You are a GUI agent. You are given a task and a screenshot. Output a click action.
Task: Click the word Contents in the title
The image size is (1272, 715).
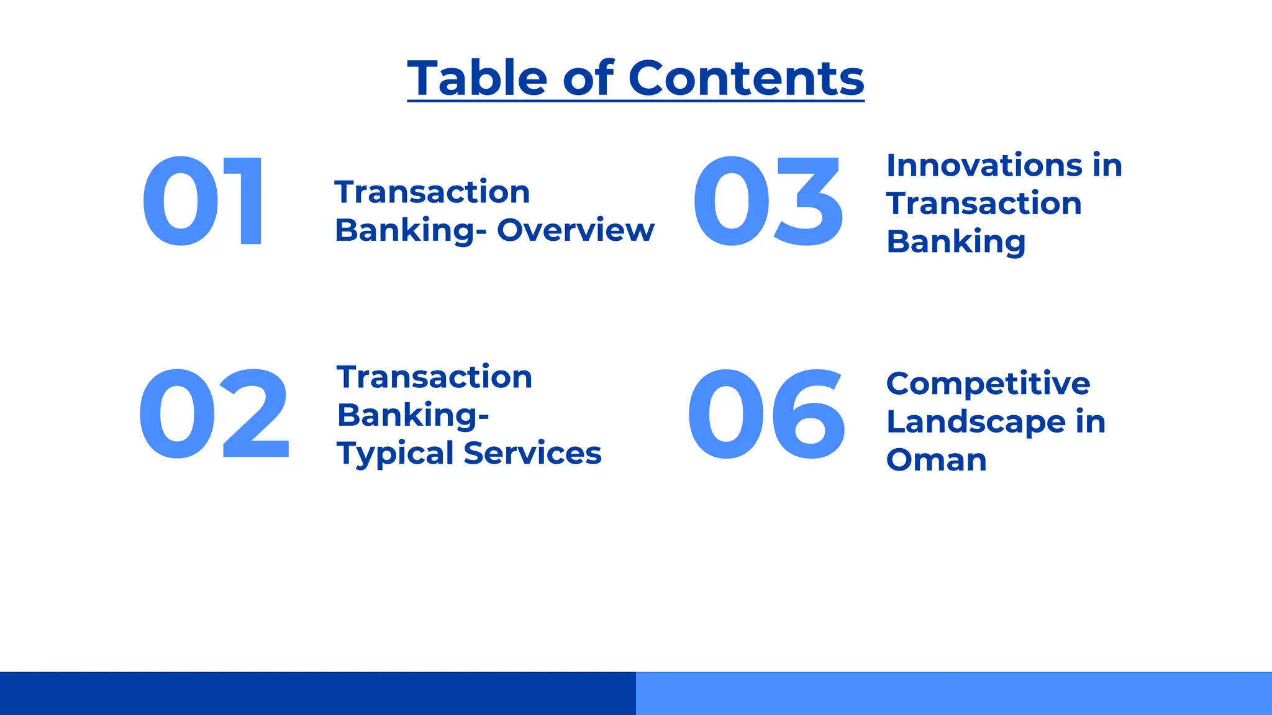746,78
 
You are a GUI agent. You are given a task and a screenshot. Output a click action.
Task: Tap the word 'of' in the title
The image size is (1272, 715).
588,78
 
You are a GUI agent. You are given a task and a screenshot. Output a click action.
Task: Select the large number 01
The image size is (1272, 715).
203,202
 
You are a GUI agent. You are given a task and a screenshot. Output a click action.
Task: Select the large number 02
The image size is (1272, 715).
214,414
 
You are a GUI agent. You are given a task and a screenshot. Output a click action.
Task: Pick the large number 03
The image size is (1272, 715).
768,202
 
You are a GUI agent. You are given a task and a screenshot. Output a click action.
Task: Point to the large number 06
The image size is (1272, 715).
766,414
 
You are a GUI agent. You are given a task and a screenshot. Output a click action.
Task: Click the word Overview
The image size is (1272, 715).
575,230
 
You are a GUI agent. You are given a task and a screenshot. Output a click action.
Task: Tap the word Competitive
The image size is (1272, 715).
988,384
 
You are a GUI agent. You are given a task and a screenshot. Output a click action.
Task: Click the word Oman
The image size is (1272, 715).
936,460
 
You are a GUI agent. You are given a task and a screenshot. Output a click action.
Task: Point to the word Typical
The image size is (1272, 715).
395,454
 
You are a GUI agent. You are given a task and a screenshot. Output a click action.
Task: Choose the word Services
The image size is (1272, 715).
532,453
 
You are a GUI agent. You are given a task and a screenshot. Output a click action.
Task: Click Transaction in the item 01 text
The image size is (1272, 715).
432,192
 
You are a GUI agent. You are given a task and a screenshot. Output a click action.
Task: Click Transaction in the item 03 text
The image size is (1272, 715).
984,204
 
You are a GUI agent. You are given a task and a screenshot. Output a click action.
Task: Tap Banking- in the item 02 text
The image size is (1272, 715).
412,415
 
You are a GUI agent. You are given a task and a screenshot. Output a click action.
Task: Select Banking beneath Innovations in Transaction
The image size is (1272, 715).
955,242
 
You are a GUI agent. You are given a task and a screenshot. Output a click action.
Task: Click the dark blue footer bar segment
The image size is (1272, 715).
318,693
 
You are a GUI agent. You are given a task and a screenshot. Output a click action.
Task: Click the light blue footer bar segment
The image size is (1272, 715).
954,693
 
